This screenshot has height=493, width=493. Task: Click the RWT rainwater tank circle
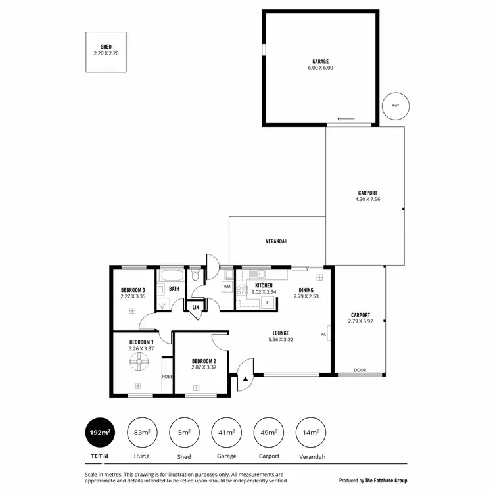coord(395,105)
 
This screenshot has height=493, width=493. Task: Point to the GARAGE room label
coord(321,61)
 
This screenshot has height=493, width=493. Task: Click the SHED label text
coord(106,47)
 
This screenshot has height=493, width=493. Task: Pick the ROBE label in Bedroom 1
coord(167,376)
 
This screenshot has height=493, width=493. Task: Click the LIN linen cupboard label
coord(195,306)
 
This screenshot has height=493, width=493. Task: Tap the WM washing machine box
coord(227,287)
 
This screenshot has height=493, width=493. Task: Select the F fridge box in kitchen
coord(267,302)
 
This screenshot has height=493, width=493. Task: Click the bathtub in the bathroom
coord(174,275)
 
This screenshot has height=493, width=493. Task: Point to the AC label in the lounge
coord(323,334)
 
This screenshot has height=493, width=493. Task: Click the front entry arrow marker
coord(246,379)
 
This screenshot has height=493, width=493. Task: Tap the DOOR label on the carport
coord(360,370)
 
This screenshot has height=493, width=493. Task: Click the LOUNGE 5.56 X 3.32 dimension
coord(281,340)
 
